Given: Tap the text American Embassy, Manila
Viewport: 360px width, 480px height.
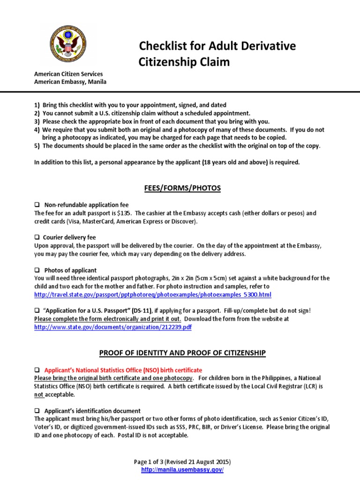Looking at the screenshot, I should (x=70, y=82).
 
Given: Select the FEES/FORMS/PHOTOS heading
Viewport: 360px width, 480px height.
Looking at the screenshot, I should (x=180, y=188).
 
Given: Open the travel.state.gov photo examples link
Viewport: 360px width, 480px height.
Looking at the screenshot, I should (x=153, y=294).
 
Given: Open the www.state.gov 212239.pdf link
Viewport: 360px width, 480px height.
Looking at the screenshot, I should (x=113, y=327).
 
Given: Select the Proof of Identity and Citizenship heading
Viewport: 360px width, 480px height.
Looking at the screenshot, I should (x=180, y=352).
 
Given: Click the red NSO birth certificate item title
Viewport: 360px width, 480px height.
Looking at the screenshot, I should (x=123, y=370).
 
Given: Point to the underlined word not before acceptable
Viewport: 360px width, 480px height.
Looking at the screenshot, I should (x=39, y=395).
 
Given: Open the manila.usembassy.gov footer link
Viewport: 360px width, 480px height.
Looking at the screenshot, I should (x=180, y=469).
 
